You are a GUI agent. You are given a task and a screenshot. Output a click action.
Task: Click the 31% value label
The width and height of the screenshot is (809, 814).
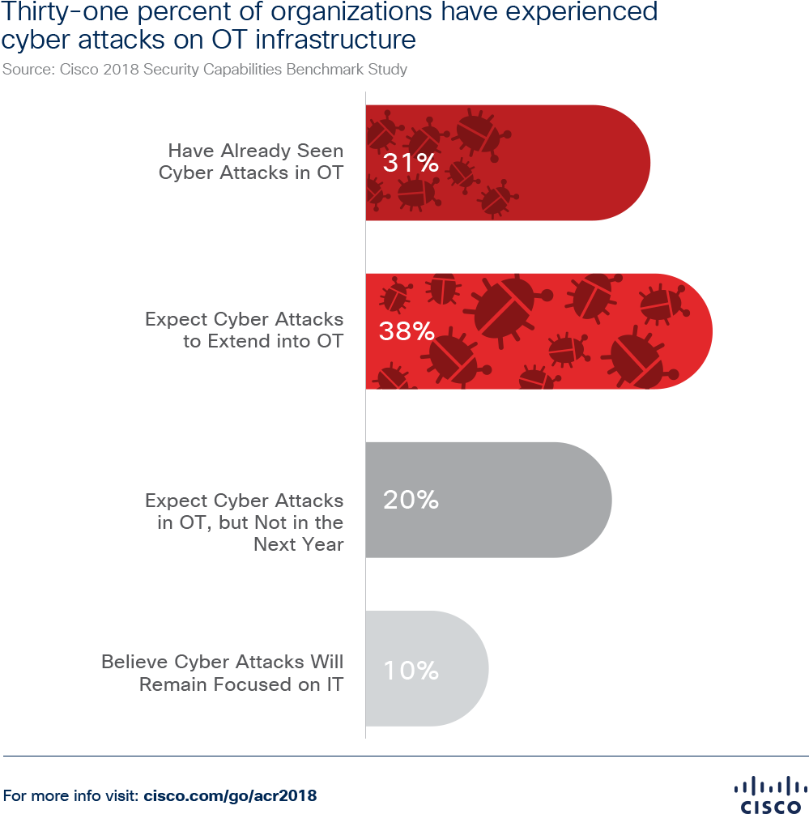(411, 164)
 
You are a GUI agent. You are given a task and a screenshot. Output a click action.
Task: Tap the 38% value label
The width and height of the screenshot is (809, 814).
(407, 331)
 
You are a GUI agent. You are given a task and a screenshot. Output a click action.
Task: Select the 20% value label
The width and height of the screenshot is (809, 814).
(411, 501)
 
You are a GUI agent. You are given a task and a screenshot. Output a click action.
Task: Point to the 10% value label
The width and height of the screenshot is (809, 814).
(411, 671)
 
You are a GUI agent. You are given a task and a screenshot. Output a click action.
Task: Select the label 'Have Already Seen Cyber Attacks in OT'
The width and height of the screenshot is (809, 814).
(251, 162)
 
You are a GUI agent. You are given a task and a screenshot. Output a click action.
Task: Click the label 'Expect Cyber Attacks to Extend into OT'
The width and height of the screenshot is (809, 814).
(244, 330)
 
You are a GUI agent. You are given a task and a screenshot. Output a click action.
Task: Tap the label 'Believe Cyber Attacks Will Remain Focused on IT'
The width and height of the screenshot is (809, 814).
(222, 673)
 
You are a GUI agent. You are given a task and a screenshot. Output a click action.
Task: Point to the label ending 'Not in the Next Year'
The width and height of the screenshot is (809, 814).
(244, 522)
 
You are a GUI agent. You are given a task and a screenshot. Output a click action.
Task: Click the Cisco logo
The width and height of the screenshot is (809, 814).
(765, 793)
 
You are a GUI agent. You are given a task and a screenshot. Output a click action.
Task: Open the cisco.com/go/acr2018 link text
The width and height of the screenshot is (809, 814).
(230, 795)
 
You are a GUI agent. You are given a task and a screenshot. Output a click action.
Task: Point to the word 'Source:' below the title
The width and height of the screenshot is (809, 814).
(28, 70)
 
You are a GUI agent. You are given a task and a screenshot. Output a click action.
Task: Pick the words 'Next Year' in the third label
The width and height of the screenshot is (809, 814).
(299, 544)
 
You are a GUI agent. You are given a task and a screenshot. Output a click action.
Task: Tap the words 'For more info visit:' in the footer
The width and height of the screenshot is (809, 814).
(72, 795)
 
